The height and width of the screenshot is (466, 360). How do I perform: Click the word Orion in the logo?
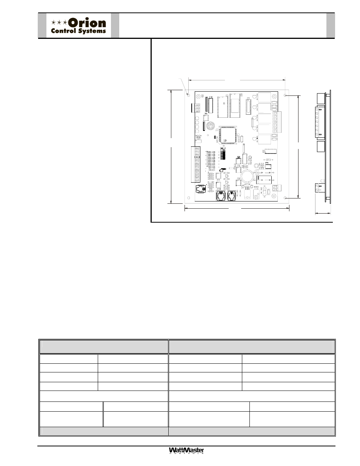87,23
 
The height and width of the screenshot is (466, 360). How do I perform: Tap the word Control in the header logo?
63,31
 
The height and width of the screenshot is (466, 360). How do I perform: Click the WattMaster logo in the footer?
186,451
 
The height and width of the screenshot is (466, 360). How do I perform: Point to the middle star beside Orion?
59,22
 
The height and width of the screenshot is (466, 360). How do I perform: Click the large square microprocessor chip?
228,135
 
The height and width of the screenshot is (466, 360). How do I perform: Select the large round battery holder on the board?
247,176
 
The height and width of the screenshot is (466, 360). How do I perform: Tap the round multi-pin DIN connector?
210,126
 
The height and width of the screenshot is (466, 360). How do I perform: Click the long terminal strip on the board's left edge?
195,164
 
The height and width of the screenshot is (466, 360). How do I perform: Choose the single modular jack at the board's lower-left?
201,189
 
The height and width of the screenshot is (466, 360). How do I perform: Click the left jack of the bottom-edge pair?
221,196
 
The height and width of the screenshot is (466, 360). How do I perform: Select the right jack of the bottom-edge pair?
232,196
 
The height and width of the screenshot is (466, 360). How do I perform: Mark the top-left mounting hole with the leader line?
189,95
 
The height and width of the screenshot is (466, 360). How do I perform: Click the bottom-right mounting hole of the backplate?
285,198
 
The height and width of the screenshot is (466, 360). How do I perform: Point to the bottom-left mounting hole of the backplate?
189,198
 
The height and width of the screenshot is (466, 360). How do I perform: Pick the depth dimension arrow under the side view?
323,213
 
